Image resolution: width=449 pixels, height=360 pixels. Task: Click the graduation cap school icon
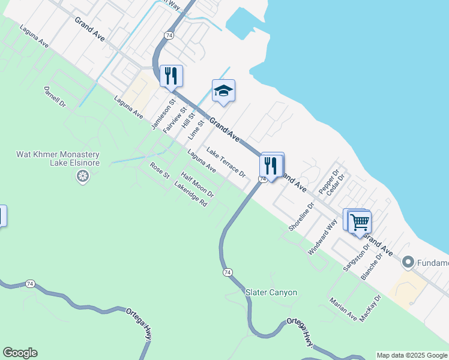[223, 91]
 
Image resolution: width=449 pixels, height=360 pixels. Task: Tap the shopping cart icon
[360, 222]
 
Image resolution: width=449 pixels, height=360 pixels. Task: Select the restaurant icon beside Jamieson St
[171, 76]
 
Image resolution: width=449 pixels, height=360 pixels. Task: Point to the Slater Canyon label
[271, 292]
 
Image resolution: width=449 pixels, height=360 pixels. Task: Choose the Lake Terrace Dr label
[226, 162]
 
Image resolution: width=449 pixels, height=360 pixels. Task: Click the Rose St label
[160, 171]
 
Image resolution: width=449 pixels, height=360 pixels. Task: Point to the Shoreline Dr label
[301, 217]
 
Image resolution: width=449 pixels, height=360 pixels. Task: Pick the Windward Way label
[322, 238]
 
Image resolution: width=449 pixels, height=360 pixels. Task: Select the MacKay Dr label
[370, 308]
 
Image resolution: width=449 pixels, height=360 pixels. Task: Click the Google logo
[20, 353]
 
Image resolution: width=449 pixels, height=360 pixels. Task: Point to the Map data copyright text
[412, 355]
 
